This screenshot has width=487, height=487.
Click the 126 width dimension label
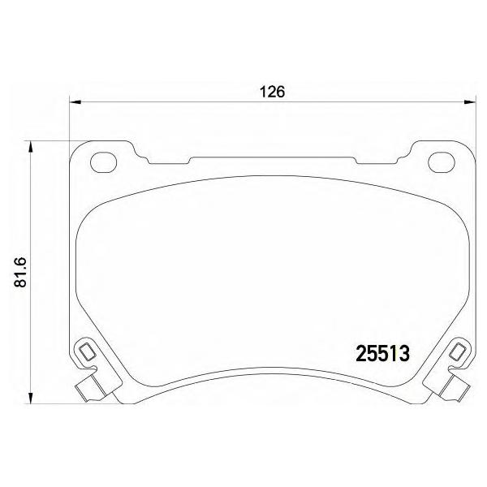tap(272, 92)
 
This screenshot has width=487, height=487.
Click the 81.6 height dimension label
tap(23, 272)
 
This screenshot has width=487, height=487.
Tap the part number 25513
tap(382, 354)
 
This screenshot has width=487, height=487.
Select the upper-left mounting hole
tap(103, 162)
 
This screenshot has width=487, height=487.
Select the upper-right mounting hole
tap(442, 162)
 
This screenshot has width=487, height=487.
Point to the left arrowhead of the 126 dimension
tap(75, 101)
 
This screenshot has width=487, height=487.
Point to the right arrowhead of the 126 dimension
tap(470, 101)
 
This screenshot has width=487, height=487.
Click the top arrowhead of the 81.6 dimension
tap(30, 147)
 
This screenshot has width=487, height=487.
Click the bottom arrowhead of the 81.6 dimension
tap(30, 398)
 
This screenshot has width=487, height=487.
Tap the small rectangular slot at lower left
tap(87, 352)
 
